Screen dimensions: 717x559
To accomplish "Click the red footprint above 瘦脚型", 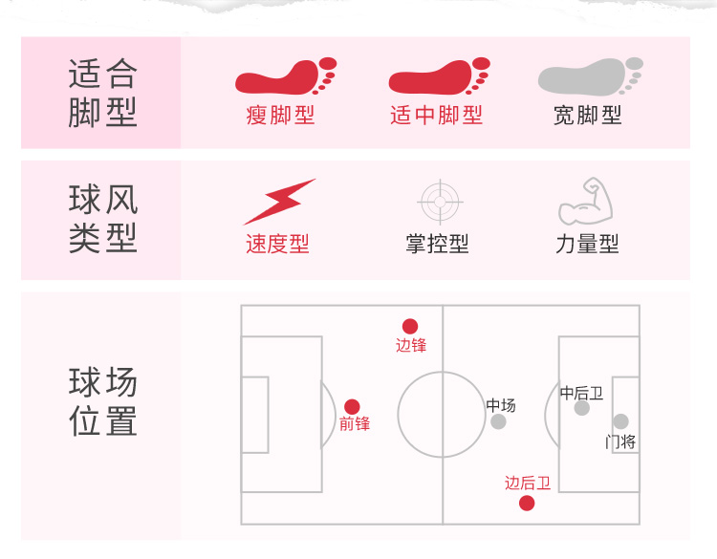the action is (x=284, y=77).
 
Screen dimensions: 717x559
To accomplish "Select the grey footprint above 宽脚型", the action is (x=589, y=77).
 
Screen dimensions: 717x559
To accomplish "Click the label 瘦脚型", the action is (x=280, y=116).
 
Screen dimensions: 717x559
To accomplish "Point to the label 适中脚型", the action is (x=437, y=116).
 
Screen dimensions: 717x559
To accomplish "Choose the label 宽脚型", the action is (x=587, y=116).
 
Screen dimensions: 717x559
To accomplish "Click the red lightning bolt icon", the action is (x=278, y=202).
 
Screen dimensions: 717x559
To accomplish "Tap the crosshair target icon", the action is (x=441, y=202).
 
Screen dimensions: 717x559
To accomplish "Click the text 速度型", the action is (x=277, y=245).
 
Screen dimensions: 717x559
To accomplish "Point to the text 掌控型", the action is (x=437, y=245).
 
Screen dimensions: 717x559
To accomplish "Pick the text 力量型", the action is (x=587, y=245).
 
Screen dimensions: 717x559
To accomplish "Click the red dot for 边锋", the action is (x=410, y=326).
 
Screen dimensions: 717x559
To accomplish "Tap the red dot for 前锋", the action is (x=352, y=406).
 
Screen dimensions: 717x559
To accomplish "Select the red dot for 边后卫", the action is (x=527, y=503).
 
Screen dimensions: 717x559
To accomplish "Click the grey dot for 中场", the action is (x=498, y=421).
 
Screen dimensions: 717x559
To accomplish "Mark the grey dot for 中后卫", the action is (x=581, y=408).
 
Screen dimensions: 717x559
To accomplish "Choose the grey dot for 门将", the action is (x=620, y=421).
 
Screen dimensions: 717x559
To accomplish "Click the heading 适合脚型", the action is (x=102, y=93).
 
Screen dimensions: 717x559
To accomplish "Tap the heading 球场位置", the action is (x=102, y=402).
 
